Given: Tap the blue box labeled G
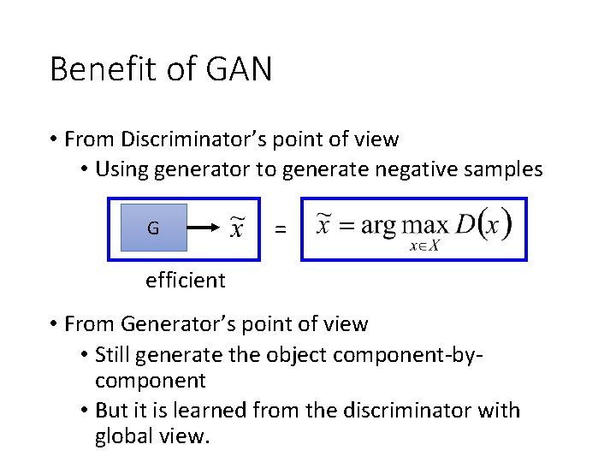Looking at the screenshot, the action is [x=153, y=228].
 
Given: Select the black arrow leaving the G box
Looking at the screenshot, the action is [x=205, y=228].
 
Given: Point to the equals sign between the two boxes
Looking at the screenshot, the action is [x=280, y=229].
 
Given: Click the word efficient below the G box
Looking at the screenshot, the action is [x=186, y=280].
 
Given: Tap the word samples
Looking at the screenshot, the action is [x=503, y=169].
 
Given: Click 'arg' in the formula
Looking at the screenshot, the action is [x=378, y=226].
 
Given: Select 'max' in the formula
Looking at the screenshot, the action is [x=425, y=226].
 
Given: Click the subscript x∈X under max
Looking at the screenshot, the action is [x=424, y=246].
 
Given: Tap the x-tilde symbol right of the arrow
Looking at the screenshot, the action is [x=239, y=228].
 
